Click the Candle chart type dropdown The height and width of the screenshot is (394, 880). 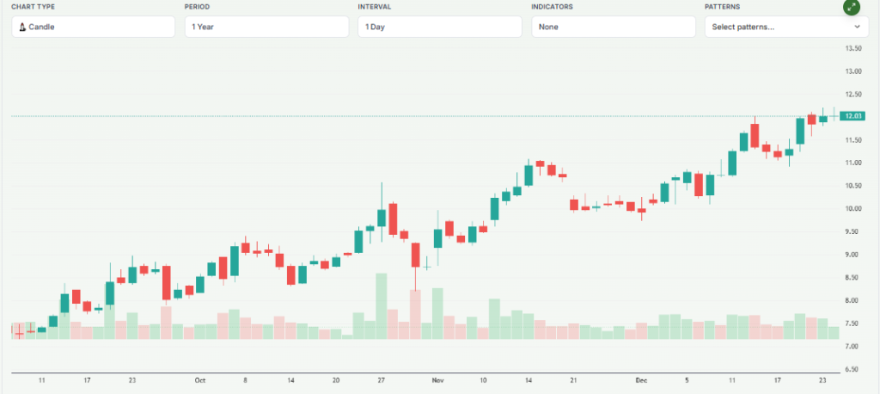point(93,27)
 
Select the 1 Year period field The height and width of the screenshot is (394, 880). point(266,27)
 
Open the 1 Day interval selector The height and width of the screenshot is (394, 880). point(439,27)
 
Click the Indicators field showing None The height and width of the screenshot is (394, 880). point(613,27)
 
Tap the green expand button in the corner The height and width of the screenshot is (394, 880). point(851,7)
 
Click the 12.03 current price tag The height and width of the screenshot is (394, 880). point(853,116)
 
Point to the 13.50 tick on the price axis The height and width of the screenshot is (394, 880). point(853,48)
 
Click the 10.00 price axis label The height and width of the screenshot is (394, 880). point(853,209)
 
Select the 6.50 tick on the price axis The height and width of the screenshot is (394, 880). point(853,370)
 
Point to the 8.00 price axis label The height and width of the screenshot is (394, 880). point(853,301)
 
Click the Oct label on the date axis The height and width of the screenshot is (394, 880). point(200,379)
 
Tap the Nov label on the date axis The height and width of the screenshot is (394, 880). point(437,379)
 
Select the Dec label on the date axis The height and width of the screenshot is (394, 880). point(641,379)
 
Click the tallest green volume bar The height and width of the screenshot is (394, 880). point(382,306)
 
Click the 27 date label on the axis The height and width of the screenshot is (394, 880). point(382,379)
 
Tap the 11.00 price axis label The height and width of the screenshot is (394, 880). point(853,163)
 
